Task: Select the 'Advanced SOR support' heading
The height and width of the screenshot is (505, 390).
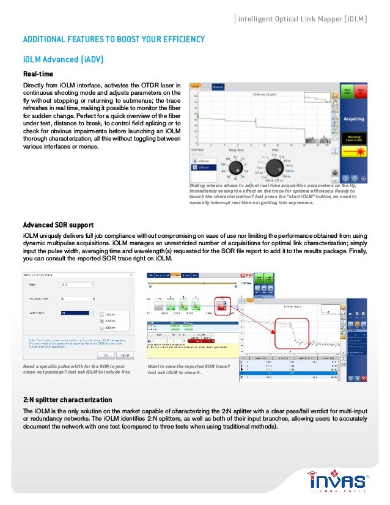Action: [58, 225]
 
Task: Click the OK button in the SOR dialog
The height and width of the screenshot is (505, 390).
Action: [105, 354]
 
